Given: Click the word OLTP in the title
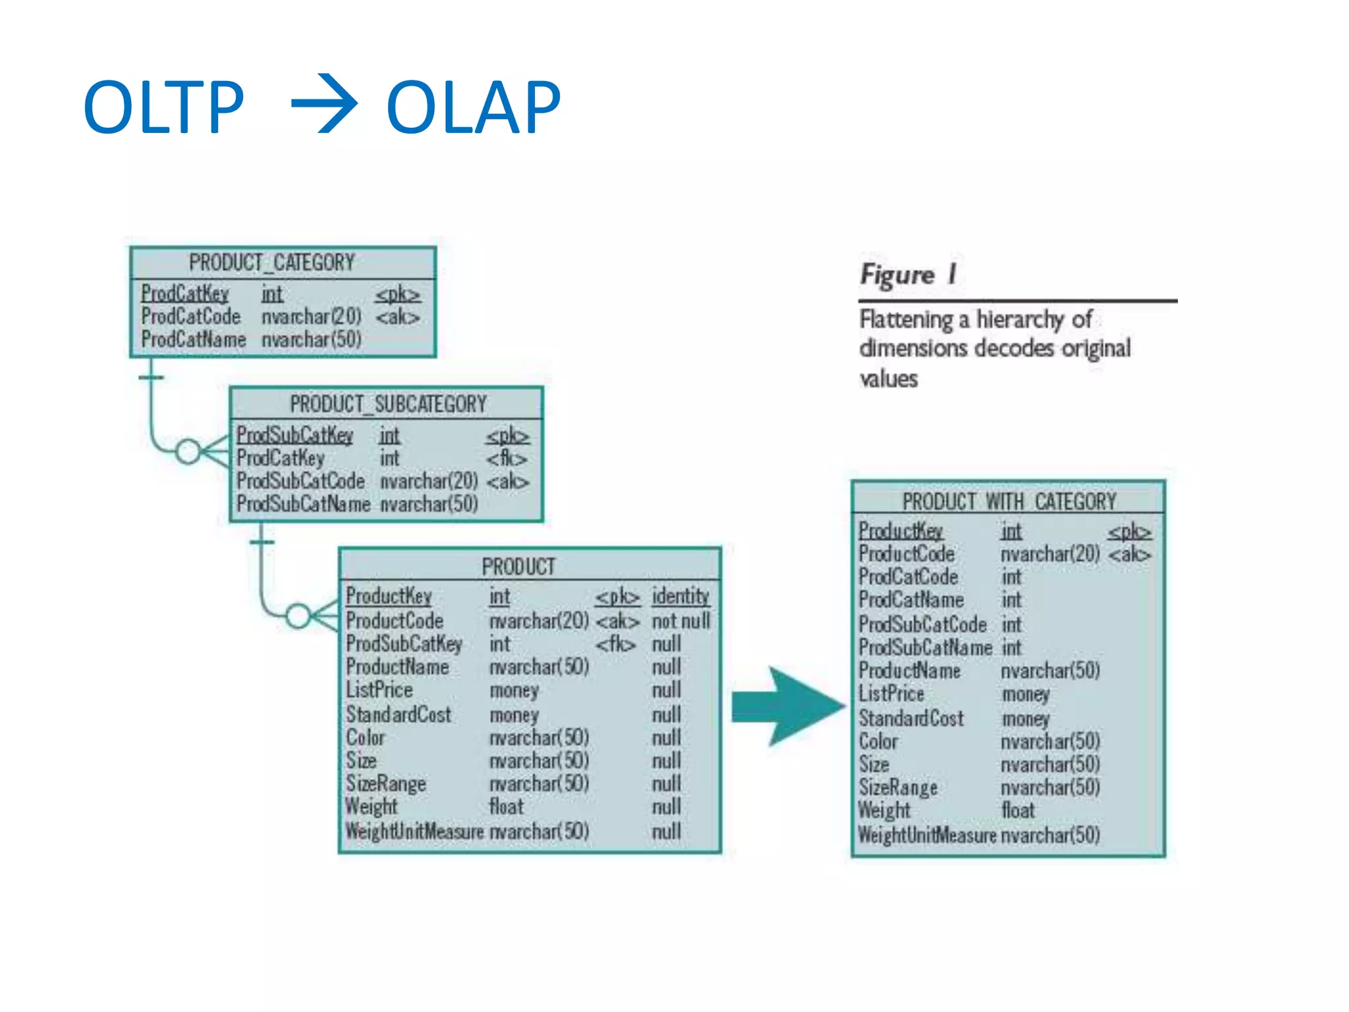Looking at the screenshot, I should click(x=163, y=107).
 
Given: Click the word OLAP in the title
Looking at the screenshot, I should click(x=473, y=107).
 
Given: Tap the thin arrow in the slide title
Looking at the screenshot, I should click(x=324, y=104).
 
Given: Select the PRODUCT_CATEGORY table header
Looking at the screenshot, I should click(x=271, y=263).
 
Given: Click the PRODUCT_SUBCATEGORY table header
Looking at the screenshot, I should click(x=388, y=404).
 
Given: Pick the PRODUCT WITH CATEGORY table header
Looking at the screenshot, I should click(x=1008, y=501).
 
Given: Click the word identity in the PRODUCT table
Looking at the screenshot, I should click(x=680, y=596).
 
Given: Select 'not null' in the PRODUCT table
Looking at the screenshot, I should click(x=680, y=621).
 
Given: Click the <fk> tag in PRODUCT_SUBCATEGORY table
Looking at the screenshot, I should click(x=507, y=459).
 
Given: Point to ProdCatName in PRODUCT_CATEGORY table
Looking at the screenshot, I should click(x=193, y=340).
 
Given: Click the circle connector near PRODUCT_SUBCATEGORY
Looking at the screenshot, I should click(x=188, y=451).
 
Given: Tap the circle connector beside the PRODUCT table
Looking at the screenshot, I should click(x=298, y=616).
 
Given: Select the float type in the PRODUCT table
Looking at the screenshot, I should click(x=506, y=806).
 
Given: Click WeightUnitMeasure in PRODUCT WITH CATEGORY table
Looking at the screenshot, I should click(x=926, y=835).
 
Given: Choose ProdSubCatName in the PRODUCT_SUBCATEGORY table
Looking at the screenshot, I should click(x=303, y=504).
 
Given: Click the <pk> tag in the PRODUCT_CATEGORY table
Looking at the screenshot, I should click(x=397, y=295).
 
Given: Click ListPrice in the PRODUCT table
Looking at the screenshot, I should click(x=379, y=690).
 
